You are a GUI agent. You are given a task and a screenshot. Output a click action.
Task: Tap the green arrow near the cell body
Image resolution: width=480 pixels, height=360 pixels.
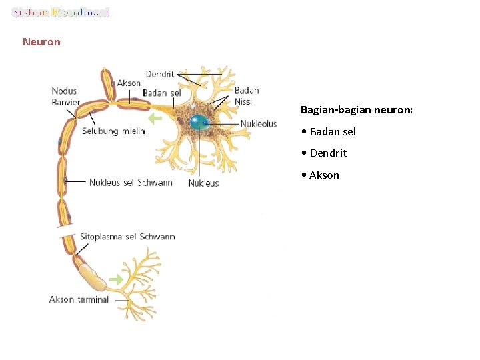[x=155, y=119]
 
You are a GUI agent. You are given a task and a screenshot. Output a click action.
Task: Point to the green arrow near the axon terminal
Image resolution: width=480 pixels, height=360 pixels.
[x=117, y=280]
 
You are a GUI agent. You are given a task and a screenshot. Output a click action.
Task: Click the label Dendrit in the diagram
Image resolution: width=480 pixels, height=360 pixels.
[x=160, y=74]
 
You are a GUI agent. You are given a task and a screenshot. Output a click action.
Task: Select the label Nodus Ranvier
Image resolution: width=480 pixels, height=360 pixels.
[x=65, y=97]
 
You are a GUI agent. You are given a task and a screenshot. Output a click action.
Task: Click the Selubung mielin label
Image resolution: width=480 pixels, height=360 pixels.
[x=113, y=131]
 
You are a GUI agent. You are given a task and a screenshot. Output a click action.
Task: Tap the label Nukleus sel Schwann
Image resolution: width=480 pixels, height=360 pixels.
[x=131, y=182]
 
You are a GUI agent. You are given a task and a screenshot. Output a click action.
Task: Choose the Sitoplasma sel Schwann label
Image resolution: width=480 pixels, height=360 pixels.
[x=127, y=237]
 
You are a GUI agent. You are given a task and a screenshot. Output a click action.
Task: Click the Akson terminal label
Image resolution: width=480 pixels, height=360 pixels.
[x=79, y=299]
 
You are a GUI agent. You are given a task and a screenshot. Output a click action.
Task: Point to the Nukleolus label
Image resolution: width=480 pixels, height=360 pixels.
[x=259, y=124]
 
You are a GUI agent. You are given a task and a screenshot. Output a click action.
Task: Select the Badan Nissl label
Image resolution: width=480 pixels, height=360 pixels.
[x=247, y=95]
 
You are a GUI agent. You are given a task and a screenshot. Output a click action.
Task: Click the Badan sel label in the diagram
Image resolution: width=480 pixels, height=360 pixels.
[x=162, y=93]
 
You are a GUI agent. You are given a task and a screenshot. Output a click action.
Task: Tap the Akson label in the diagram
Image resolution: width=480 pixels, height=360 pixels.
[x=129, y=83]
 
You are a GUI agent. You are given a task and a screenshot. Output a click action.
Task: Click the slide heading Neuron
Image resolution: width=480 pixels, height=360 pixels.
[x=41, y=42]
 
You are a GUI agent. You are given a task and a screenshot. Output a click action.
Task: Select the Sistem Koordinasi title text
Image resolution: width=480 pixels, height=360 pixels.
[x=61, y=13]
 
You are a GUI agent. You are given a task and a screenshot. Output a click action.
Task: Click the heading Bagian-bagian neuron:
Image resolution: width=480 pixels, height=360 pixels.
[x=357, y=109]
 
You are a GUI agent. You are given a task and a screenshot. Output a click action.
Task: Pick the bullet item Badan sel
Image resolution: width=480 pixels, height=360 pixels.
[x=332, y=131]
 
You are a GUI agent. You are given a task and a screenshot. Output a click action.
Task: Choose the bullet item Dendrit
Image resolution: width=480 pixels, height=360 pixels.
[x=327, y=153]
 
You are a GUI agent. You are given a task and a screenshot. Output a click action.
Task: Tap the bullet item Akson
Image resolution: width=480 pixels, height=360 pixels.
[x=323, y=175]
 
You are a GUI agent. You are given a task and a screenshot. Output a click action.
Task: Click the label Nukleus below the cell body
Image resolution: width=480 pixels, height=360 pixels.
[x=203, y=183]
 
